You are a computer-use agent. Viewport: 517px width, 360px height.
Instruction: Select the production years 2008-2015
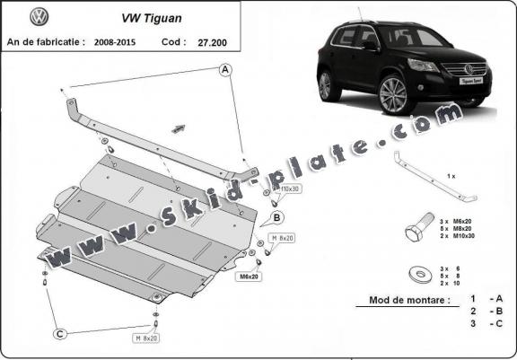click(x=120, y=41)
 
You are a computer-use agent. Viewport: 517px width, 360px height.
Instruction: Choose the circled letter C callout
click(x=58, y=335)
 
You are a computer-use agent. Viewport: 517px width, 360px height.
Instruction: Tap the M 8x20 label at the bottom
click(x=145, y=338)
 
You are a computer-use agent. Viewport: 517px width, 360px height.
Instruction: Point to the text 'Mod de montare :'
click(x=408, y=302)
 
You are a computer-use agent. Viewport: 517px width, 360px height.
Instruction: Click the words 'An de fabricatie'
click(x=45, y=41)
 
